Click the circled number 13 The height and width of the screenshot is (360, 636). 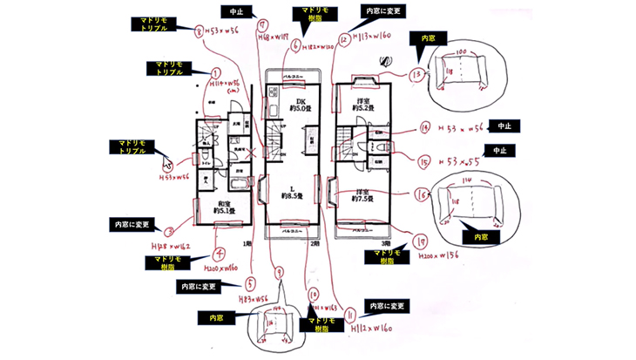(418, 75)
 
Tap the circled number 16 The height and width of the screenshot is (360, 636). (423, 195)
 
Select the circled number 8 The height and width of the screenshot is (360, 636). (200, 32)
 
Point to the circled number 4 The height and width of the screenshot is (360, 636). (220, 255)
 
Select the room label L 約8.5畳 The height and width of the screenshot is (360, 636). (291, 193)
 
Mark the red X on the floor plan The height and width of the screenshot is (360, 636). (254, 154)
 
